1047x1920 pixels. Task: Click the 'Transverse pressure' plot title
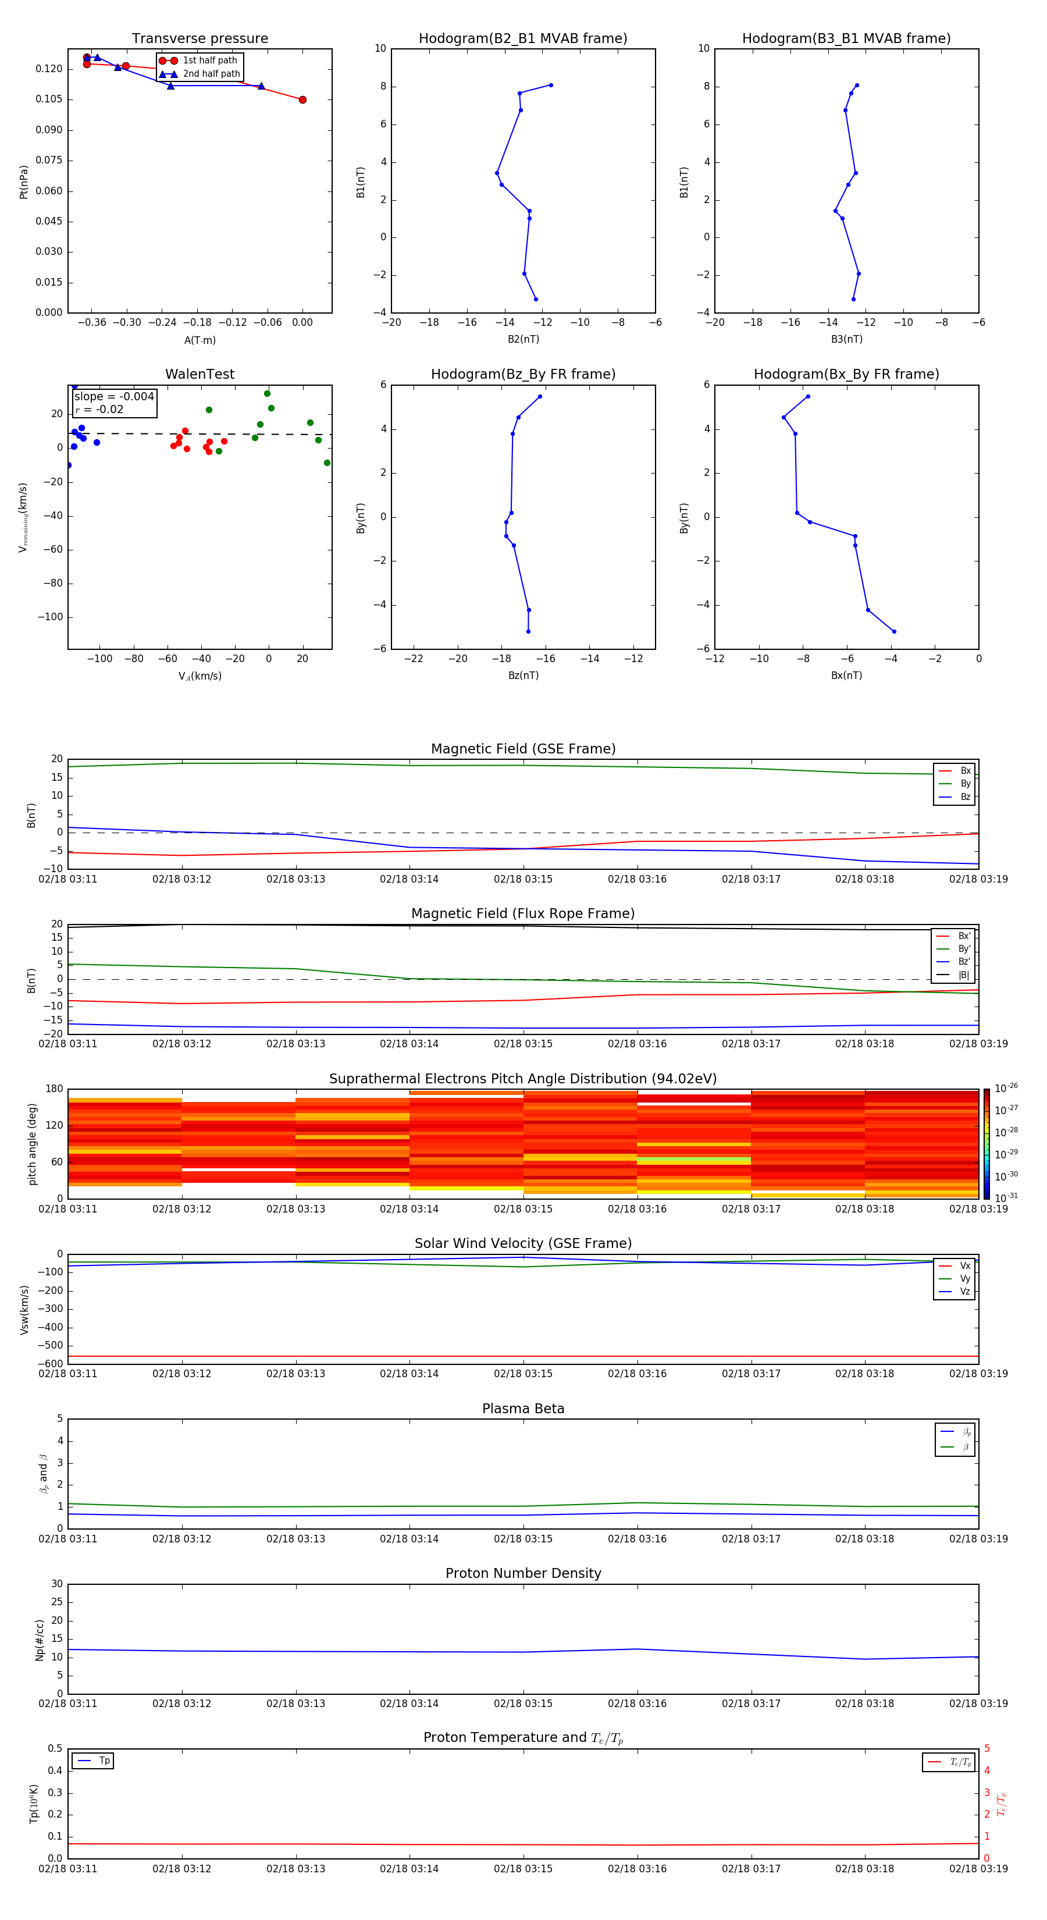click(200, 39)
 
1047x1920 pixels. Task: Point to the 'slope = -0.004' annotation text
click(114, 397)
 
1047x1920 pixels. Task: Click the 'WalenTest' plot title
click(200, 374)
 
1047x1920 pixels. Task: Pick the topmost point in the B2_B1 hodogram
click(551, 85)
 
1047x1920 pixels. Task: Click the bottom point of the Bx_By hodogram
click(894, 631)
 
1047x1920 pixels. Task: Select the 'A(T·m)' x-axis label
click(200, 340)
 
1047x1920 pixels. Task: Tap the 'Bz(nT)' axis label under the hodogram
click(523, 675)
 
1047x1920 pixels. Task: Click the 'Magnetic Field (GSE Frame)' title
click(523, 749)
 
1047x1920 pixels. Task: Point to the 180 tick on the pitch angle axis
click(55, 1089)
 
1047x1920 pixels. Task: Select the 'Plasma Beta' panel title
click(523, 1409)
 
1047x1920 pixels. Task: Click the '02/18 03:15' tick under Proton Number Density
click(523, 1703)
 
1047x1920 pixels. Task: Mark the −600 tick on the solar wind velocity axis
click(50, 1364)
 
